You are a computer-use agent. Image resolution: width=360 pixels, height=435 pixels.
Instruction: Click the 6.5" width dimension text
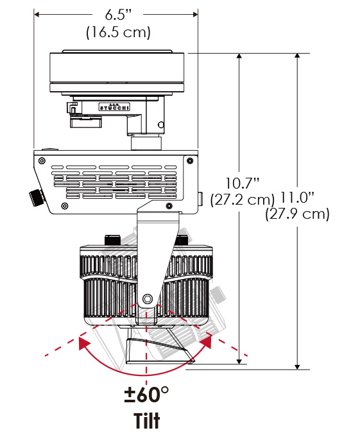tap(118, 14)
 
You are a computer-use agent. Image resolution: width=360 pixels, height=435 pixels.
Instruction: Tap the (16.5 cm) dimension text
tap(118, 32)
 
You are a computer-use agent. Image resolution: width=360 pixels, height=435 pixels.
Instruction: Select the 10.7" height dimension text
tap(242, 183)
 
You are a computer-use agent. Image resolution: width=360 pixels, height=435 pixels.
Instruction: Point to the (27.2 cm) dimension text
tap(242, 200)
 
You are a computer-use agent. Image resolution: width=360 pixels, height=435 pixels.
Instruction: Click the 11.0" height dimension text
tap(297, 198)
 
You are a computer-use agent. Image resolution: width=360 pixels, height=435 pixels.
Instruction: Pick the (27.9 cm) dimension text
tap(297, 214)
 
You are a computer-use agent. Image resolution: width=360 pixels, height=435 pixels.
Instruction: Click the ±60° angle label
tap(146, 394)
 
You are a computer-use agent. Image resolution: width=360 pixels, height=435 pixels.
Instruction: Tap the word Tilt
tap(147, 421)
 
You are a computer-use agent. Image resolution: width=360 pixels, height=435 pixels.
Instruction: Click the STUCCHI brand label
tap(114, 107)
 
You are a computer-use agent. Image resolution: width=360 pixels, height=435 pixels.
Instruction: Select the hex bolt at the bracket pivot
tap(148, 299)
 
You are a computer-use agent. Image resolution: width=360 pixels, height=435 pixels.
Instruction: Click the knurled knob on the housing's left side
tap(37, 197)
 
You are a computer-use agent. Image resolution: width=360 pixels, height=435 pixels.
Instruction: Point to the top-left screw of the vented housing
tap(42, 160)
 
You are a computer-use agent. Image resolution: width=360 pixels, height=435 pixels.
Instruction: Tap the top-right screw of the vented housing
tap(190, 160)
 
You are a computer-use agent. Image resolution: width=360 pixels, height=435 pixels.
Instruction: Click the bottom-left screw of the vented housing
tap(65, 206)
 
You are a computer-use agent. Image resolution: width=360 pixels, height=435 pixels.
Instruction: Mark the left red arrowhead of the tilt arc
tap(84, 343)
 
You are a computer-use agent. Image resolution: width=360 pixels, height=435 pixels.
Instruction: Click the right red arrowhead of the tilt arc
tap(206, 341)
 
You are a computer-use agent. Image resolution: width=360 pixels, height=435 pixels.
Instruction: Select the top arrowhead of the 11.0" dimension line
tap(297, 55)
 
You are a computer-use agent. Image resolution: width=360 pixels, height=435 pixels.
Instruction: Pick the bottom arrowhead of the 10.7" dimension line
tap(239, 361)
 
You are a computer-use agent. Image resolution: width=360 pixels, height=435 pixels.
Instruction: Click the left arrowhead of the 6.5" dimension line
tap(37, 14)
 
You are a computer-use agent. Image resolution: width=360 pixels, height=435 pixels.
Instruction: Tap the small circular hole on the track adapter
tap(161, 124)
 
